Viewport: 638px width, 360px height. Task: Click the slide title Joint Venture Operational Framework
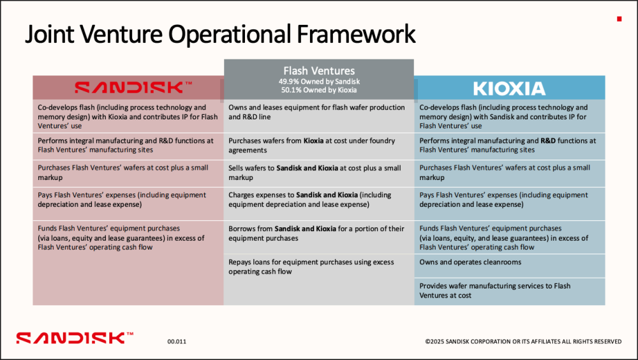click(220, 34)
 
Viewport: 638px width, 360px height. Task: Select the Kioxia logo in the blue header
click(509, 88)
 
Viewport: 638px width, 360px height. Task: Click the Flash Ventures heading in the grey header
click(319, 70)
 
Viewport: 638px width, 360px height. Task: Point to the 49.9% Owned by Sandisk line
click(319, 82)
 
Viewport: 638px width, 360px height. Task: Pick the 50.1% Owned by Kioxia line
click(319, 90)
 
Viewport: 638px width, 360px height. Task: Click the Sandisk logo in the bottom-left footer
click(75, 338)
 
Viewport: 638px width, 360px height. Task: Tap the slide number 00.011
click(177, 341)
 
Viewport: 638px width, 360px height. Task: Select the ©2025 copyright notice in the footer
click(523, 341)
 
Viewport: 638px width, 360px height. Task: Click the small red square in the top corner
click(619, 19)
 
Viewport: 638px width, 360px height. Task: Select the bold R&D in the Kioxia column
click(547, 141)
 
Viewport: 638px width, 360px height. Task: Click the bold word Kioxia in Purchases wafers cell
click(313, 141)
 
